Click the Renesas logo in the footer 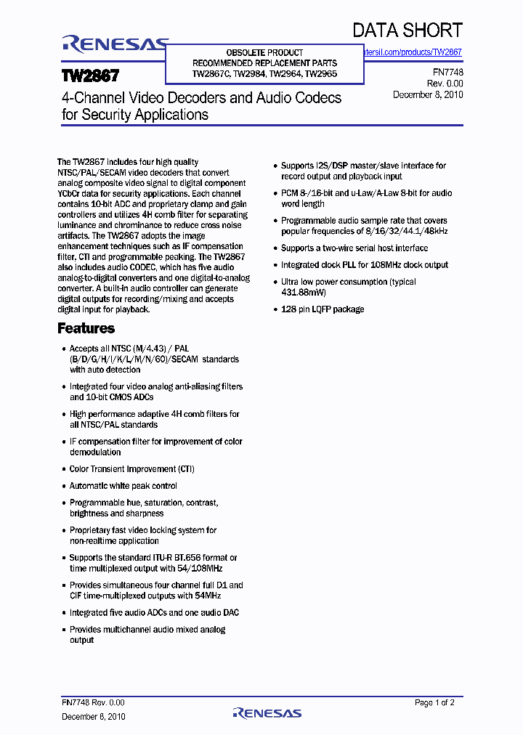[267, 713]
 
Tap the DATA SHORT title [407, 30]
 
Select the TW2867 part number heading [90, 76]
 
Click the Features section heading [86, 328]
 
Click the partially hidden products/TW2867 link [413, 52]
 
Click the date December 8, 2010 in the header [428, 94]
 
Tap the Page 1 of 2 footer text [434, 703]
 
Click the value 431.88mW [304, 292]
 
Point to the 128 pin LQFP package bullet [323, 309]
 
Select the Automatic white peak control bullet [123, 486]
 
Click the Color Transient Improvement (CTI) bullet [131, 469]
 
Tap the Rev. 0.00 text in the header [444, 84]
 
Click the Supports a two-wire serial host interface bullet [354, 248]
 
